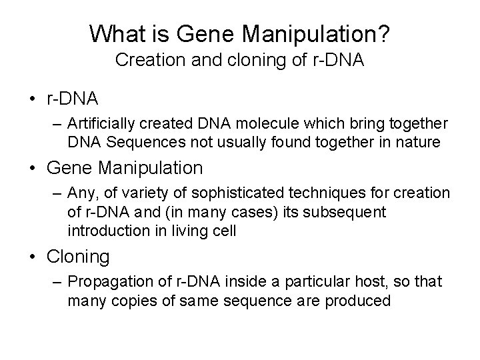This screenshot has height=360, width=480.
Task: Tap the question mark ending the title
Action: coord(384,32)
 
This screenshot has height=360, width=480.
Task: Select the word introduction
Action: coord(105,231)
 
